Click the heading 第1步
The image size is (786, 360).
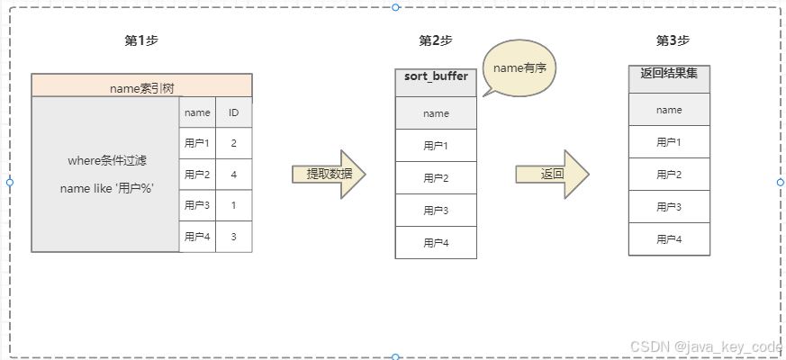click(141, 40)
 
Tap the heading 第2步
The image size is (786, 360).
click(436, 40)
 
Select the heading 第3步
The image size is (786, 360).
click(673, 40)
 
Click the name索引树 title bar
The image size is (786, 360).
click(141, 86)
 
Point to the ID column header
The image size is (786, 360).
click(233, 112)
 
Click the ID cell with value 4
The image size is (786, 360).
click(233, 175)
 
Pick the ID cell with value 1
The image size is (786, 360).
click(233, 205)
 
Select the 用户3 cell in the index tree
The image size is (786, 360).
click(197, 205)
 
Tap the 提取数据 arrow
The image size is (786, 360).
click(329, 175)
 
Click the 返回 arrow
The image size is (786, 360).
click(552, 175)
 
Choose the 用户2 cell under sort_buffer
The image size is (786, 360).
click(436, 178)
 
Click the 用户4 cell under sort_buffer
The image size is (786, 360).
click(436, 243)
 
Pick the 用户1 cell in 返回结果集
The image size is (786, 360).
click(669, 142)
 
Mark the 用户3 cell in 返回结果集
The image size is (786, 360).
click(669, 207)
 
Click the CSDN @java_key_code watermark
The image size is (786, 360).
click(706, 347)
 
